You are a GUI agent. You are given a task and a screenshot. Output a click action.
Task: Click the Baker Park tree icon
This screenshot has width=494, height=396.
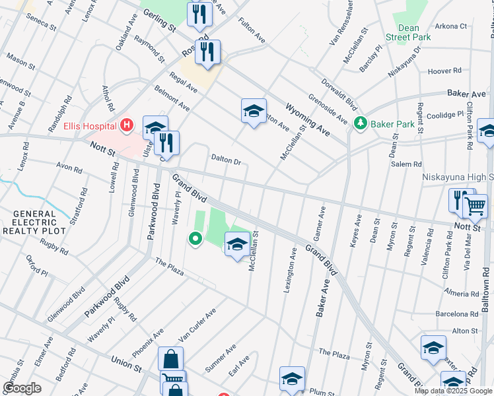(361, 123)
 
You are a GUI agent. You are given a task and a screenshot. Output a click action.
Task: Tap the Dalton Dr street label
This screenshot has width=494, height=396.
(226, 159)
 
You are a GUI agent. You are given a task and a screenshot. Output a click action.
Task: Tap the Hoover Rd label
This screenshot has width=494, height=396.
(444, 71)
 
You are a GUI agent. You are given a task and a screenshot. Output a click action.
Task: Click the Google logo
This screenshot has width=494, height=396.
(22, 388)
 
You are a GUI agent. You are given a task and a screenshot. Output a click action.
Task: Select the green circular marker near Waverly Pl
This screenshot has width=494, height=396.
(195, 238)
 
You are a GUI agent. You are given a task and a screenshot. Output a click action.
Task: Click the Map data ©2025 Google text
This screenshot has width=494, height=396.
(453, 391)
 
